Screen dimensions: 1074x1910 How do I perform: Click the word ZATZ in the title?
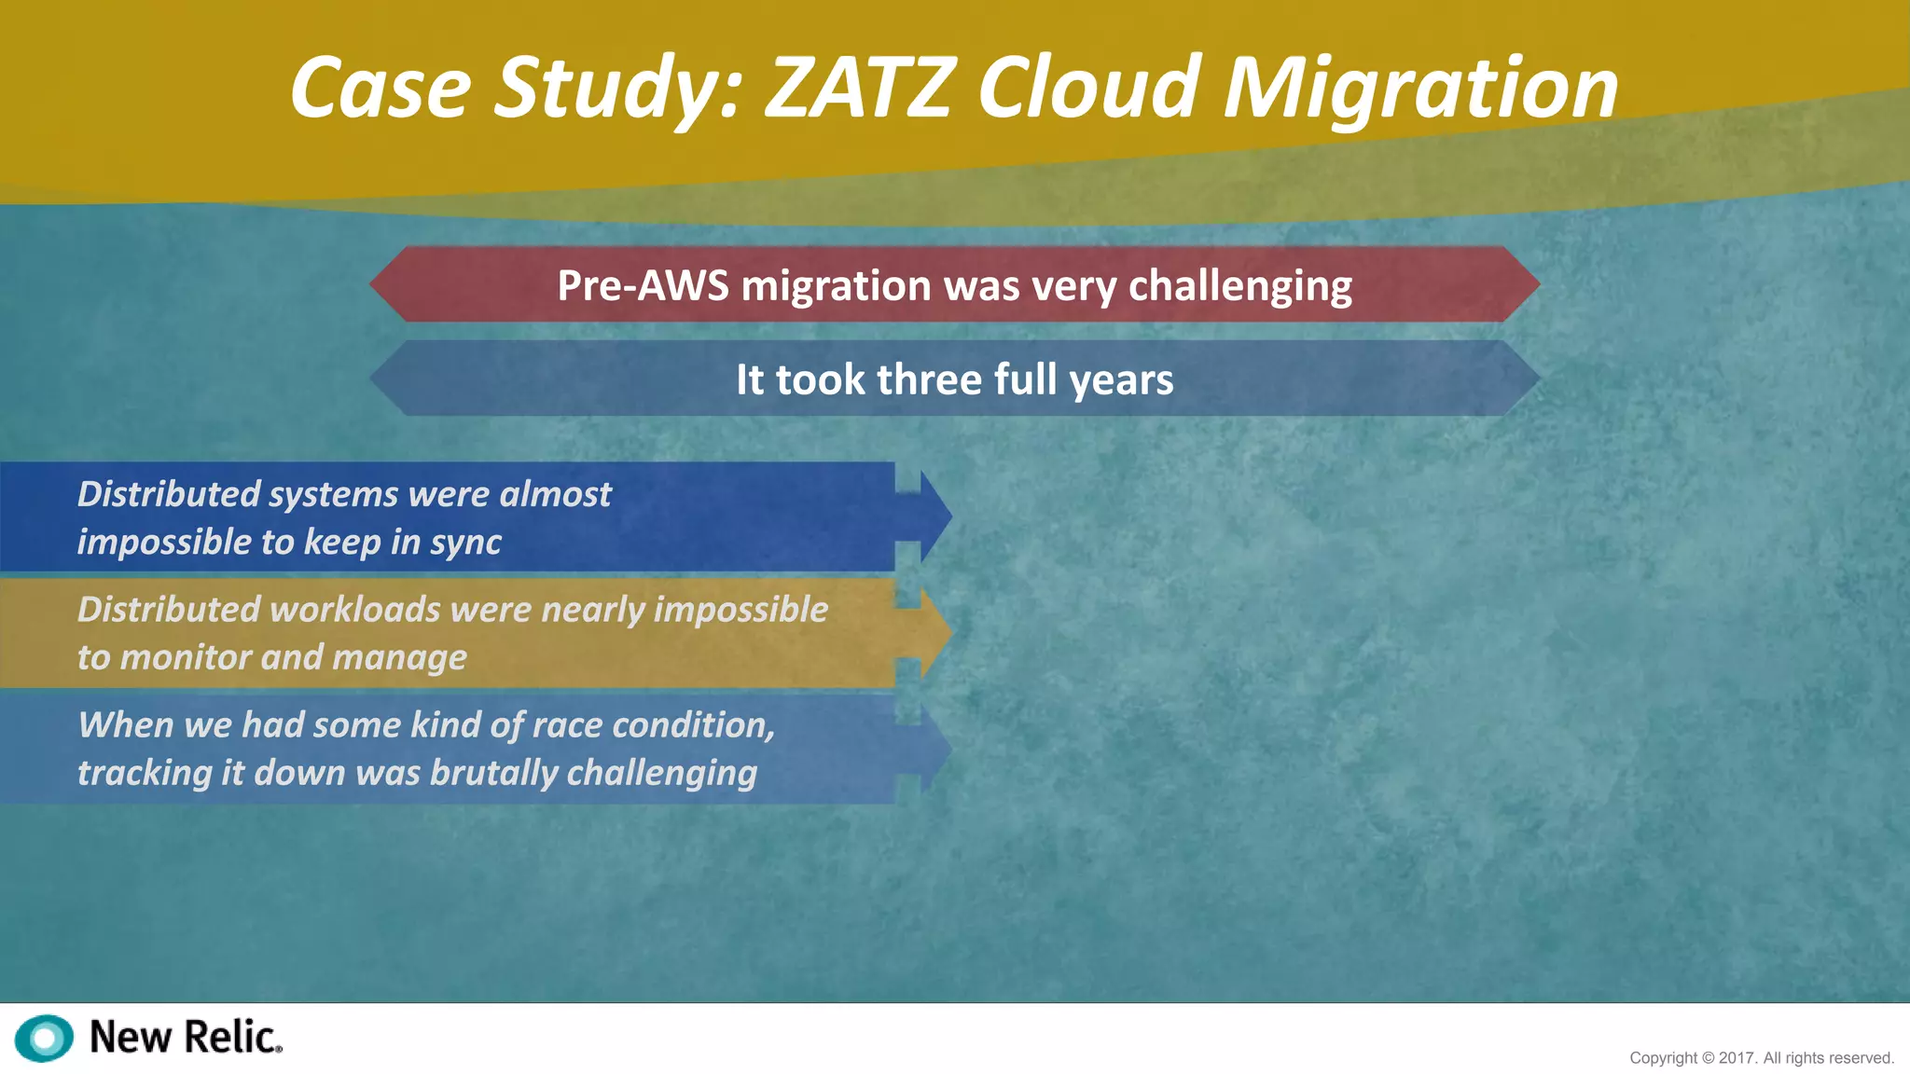point(860,88)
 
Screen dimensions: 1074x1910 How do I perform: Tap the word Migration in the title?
point(1419,89)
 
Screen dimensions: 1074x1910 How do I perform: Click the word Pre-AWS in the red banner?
point(643,285)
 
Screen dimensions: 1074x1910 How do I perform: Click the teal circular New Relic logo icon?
point(44,1038)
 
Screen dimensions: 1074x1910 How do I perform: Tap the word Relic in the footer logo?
point(231,1038)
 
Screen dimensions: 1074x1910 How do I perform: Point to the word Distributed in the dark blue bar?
point(169,494)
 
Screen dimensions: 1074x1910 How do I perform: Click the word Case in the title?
point(381,88)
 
